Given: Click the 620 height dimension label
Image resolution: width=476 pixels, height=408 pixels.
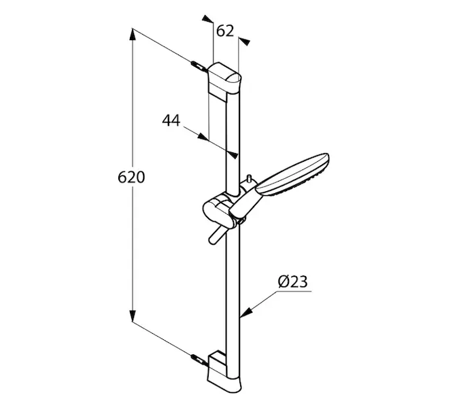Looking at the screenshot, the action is click(131, 177).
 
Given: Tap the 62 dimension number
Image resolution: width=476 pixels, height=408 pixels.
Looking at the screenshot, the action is click(225, 31).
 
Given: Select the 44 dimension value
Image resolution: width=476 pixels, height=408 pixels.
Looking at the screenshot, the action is click(171, 120).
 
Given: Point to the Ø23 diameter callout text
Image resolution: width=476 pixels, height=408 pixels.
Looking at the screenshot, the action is click(292, 282).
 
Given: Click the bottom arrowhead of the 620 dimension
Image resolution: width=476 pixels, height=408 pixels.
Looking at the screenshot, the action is click(133, 316).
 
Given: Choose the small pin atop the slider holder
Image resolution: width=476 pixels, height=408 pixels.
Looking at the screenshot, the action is click(250, 179).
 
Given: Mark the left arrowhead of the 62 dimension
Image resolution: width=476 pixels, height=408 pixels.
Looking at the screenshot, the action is click(207, 18).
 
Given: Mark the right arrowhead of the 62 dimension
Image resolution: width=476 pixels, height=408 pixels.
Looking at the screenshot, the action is click(244, 41).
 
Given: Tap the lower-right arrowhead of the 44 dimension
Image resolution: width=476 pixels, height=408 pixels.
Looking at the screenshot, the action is click(233, 155).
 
